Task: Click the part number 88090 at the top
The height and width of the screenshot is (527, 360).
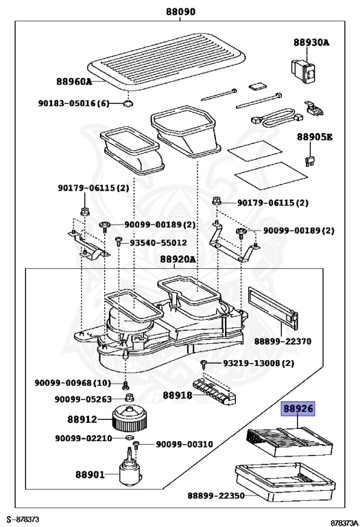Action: tap(180, 12)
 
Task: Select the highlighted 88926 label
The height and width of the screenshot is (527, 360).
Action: tap(298, 409)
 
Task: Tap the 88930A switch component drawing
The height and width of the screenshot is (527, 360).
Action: tap(304, 71)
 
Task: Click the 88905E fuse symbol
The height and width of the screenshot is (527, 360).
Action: tap(309, 161)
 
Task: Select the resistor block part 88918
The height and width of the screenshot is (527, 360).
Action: tap(215, 392)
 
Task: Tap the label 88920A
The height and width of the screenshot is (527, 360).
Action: tap(178, 259)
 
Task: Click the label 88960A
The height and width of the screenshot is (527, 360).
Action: tap(74, 82)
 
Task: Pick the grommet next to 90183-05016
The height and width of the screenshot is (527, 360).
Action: tap(128, 104)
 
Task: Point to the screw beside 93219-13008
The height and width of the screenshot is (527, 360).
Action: tap(204, 364)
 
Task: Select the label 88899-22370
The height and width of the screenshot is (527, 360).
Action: tap(283, 342)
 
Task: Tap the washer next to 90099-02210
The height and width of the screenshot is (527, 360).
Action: tap(128, 438)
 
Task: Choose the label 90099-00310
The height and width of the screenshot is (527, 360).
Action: tap(184, 445)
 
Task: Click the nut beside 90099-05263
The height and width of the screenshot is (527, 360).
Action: tap(129, 398)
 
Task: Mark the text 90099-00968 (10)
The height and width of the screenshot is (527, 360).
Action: tap(73, 382)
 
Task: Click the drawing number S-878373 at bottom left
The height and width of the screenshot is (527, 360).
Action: tap(23, 519)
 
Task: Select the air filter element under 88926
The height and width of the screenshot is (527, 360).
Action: tap(289, 441)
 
